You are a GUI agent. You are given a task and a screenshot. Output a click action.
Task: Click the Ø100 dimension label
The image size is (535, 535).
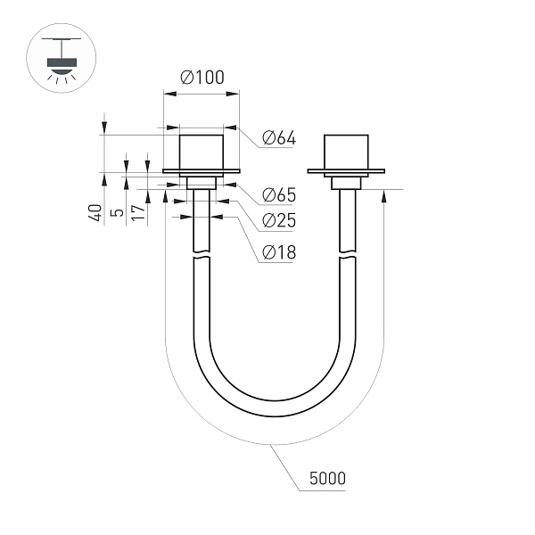click(202, 78)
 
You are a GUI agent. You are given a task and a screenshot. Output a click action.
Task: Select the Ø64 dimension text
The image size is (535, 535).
click(278, 138)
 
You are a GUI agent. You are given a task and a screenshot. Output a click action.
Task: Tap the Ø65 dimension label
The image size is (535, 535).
click(278, 195)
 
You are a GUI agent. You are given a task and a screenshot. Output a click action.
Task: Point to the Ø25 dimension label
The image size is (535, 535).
click(278, 221)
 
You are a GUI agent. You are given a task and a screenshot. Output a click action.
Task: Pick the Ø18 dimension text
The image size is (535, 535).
click(278, 252)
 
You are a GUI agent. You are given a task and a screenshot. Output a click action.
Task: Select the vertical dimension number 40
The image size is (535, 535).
click(94, 212)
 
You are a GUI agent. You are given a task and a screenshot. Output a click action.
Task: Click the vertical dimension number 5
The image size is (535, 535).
click(115, 214)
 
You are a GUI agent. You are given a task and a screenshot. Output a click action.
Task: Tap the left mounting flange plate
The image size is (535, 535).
click(202, 170)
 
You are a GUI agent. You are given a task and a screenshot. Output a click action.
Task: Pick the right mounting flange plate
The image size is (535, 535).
click(345, 170)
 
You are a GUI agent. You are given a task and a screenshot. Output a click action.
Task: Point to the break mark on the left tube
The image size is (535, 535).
click(202, 258)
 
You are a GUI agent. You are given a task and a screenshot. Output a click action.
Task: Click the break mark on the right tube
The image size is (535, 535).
click(346, 258)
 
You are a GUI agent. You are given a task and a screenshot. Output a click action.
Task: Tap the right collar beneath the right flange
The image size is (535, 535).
click(345, 183)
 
